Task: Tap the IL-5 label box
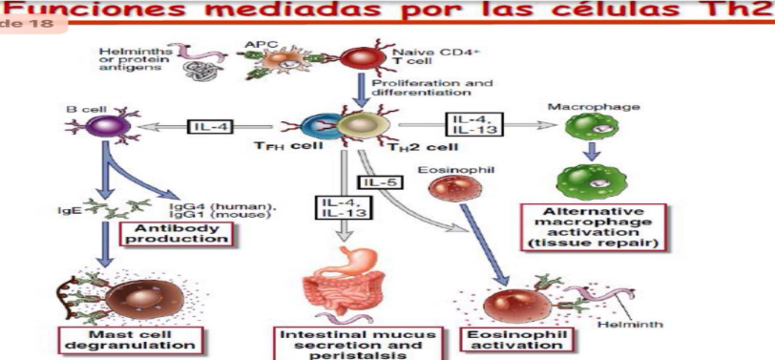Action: coord(377,180)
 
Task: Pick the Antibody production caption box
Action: coord(176,232)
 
